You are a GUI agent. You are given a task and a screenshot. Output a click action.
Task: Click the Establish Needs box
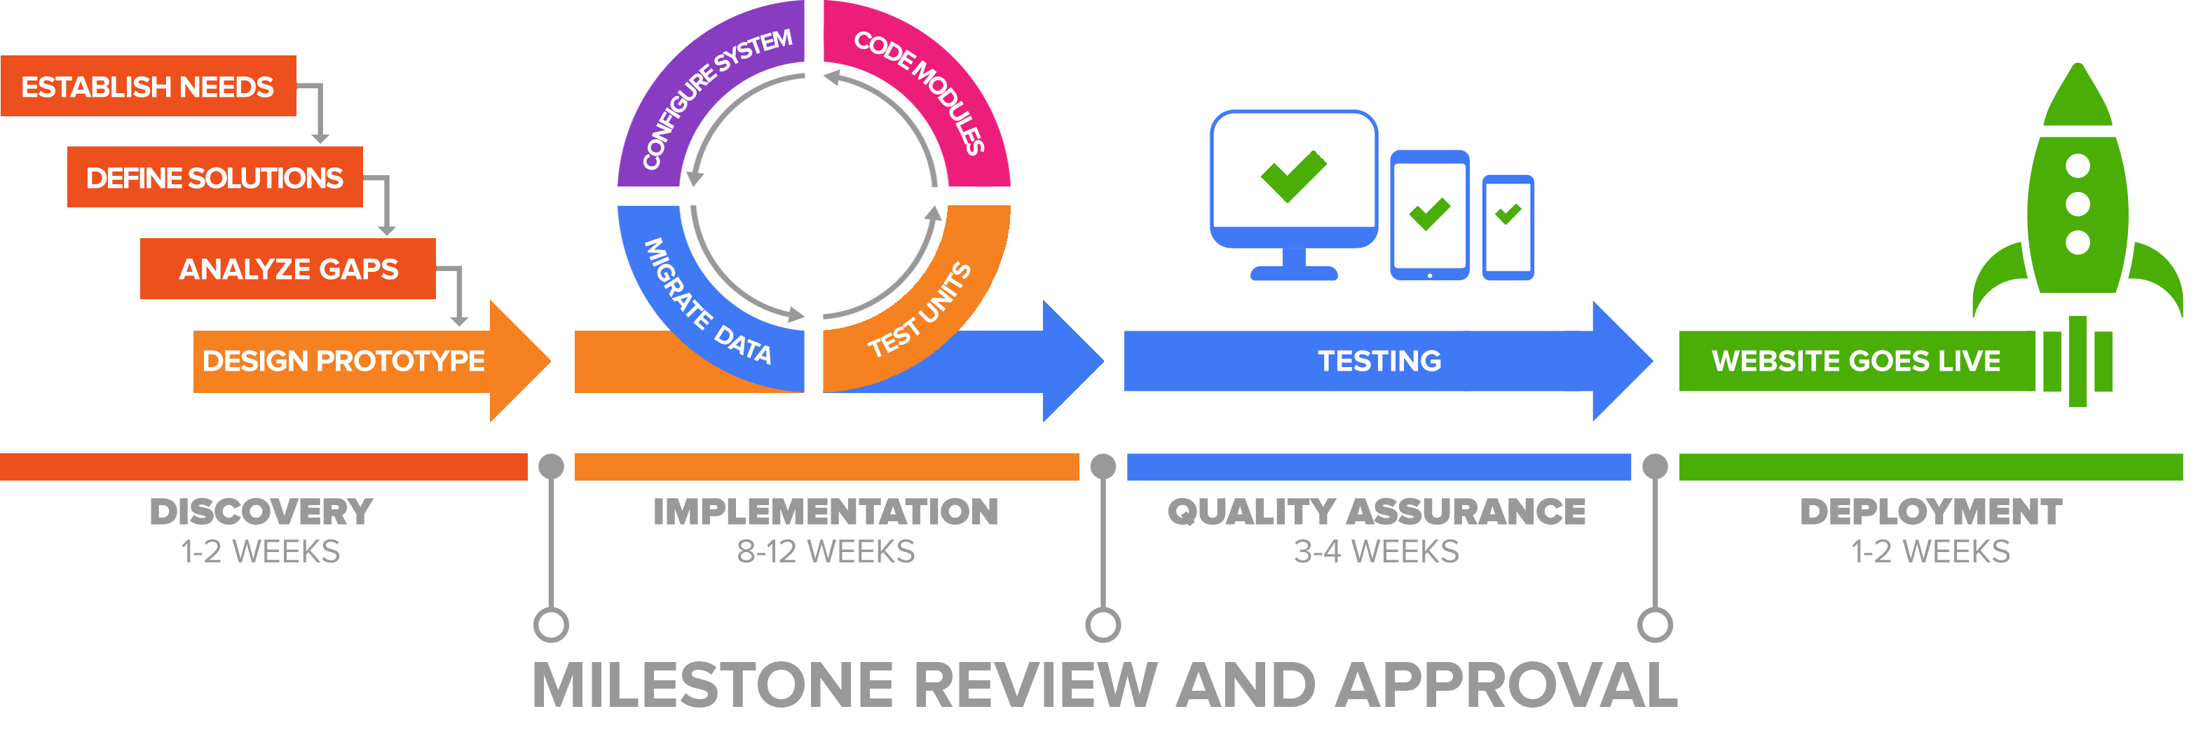149,85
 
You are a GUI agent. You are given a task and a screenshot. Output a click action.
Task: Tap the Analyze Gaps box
287,268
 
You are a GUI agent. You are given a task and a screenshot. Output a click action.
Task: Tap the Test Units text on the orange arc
919,310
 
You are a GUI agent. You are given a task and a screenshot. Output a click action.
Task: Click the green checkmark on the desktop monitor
1294,176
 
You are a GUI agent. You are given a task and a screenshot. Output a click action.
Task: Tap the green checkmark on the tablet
1429,214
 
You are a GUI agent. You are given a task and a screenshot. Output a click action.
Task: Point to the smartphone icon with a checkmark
1508,228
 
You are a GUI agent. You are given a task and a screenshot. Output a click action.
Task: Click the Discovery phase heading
261,512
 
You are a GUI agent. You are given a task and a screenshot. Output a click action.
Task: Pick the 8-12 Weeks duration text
825,551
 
